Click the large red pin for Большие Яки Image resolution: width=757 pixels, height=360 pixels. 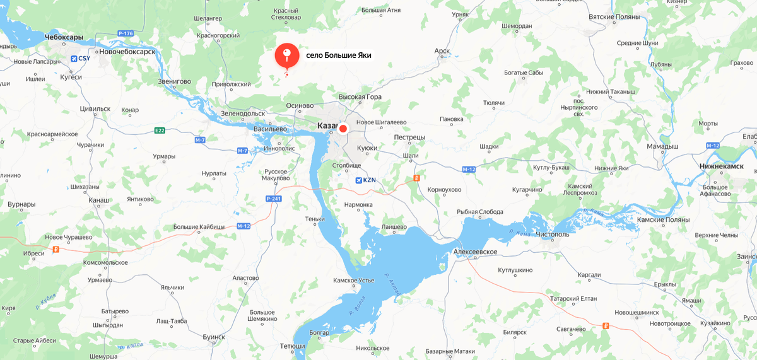pyautogui.click(x=286, y=56)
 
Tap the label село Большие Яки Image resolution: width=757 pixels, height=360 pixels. pyautogui.click(x=338, y=55)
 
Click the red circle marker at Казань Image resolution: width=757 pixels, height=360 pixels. pyautogui.click(x=343, y=129)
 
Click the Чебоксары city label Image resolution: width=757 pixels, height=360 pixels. pyautogui.click(x=64, y=38)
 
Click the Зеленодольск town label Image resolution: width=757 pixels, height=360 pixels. pyautogui.click(x=243, y=113)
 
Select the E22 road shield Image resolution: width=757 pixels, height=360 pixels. pyautogui.click(x=160, y=131)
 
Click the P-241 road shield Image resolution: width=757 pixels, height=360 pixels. pyautogui.click(x=273, y=199)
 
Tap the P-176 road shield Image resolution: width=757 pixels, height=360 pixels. pyautogui.click(x=125, y=33)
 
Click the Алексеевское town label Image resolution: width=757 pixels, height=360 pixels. pyautogui.click(x=475, y=252)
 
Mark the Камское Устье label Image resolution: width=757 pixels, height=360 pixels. pyautogui.click(x=354, y=281)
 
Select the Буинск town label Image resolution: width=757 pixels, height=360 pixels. pyautogui.click(x=214, y=337)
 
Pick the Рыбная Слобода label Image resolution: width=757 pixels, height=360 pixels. pyautogui.click(x=479, y=212)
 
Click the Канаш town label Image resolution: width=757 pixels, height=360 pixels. pyautogui.click(x=99, y=200)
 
